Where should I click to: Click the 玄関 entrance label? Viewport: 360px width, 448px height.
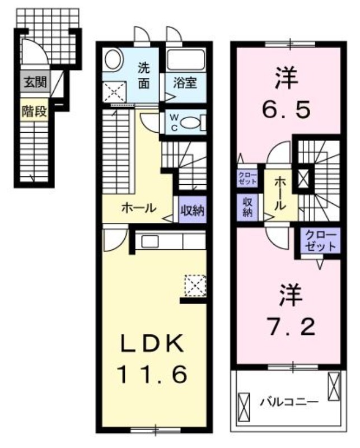34,82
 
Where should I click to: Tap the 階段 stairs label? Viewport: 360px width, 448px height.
34,110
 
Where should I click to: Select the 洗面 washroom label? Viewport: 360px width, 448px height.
144,76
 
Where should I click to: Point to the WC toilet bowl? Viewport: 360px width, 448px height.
191,122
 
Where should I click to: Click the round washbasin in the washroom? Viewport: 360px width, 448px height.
114,60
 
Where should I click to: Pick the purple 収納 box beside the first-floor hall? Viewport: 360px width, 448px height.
192,211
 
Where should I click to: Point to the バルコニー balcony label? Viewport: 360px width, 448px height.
288,402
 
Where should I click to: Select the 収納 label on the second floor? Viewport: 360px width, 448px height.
247,207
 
